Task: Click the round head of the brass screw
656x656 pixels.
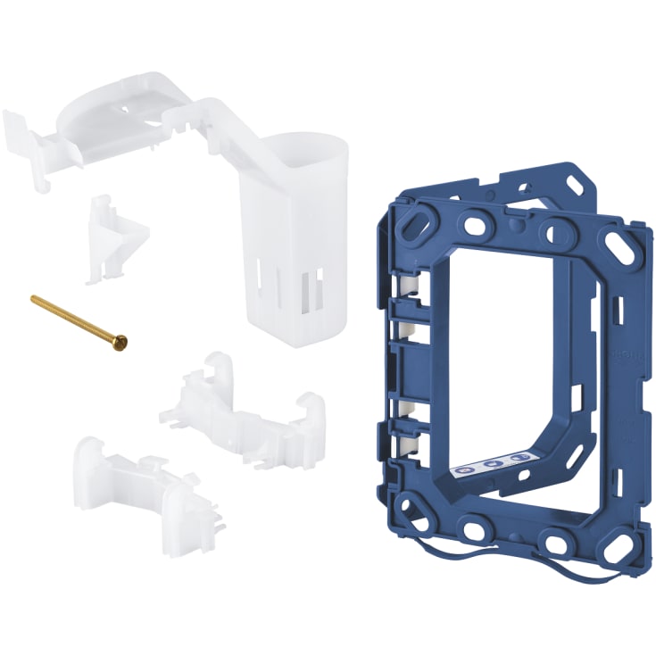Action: [x=121, y=339]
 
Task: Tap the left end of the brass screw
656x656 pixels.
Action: [x=34, y=300]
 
